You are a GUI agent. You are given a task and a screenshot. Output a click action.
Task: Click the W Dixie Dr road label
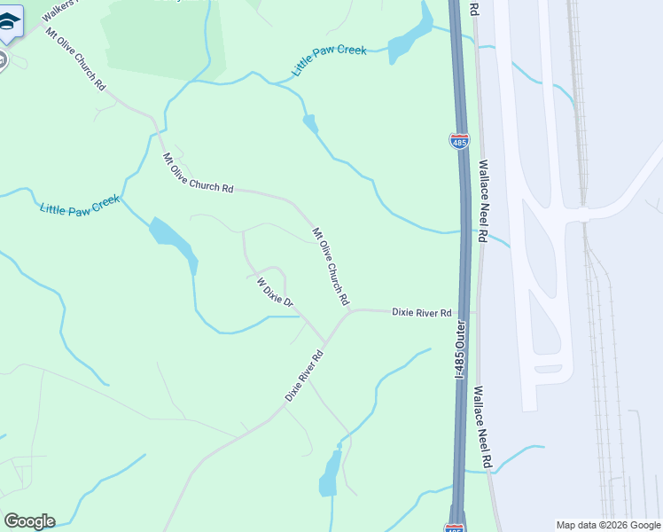pyautogui.click(x=275, y=293)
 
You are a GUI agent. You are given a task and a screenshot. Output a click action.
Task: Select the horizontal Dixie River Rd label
pyautogui.click(x=422, y=313)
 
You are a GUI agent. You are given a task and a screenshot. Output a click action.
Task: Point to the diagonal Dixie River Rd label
pyautogui.click(x=304, y=376)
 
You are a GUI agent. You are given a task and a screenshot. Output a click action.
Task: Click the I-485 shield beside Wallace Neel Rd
pyautogui.click(x=459, y=141)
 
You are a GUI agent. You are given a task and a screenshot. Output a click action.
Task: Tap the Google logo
pyautogui.click(x=29, y=520)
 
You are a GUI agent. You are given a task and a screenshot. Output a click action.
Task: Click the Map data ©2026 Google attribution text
pyautogui.click(x=609, y=525)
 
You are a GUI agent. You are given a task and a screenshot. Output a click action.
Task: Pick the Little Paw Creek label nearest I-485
pyautogui.click(x=330, y=61)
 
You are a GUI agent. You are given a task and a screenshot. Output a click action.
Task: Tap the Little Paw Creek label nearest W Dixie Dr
pyautogui.click(x=79, y=205)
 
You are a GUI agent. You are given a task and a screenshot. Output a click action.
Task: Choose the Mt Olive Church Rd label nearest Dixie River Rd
pyautogui.click(x=331, y=267)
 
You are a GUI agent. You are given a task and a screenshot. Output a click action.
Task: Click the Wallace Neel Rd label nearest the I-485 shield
pyautogui.click(x=483, y=201)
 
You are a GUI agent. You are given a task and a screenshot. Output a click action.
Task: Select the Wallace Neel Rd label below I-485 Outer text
pyautogui.click(x=481, y=426)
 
